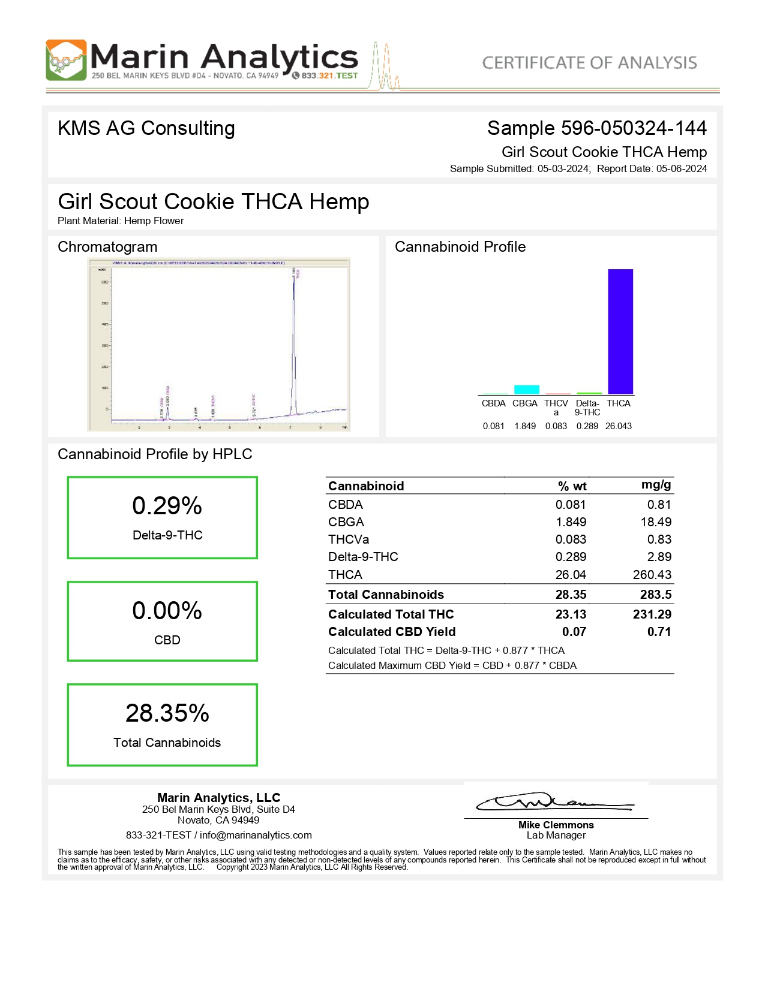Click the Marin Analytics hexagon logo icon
66,60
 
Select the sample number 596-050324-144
634,128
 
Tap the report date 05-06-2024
682,169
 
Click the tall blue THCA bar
620,331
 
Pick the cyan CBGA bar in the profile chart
526,390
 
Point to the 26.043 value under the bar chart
618,426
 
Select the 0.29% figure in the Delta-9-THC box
167,506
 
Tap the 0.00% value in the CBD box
167,611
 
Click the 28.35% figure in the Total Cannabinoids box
167,713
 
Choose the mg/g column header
656,485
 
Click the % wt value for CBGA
571,522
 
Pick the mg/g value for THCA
652,575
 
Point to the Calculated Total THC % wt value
571,614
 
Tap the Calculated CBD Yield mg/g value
659,632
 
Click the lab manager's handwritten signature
554,802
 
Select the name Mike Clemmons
556,825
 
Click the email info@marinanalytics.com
256,836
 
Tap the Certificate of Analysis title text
589,63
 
